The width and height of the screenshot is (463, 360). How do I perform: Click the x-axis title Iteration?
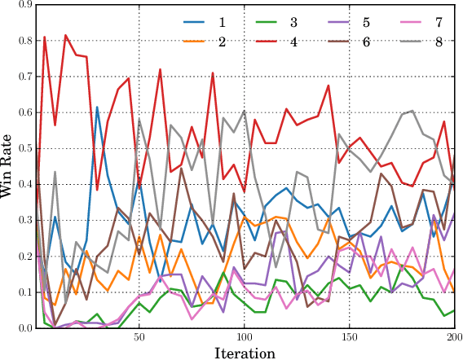click(244, 353)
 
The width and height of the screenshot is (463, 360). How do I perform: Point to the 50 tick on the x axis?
click(139, 336)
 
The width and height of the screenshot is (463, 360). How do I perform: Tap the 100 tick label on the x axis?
click(245, 336)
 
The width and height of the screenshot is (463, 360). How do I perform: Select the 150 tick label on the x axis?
click(349, 336)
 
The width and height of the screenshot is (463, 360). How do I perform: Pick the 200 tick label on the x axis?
click(453, 336)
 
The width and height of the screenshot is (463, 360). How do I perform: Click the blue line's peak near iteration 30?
click(97, 107)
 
